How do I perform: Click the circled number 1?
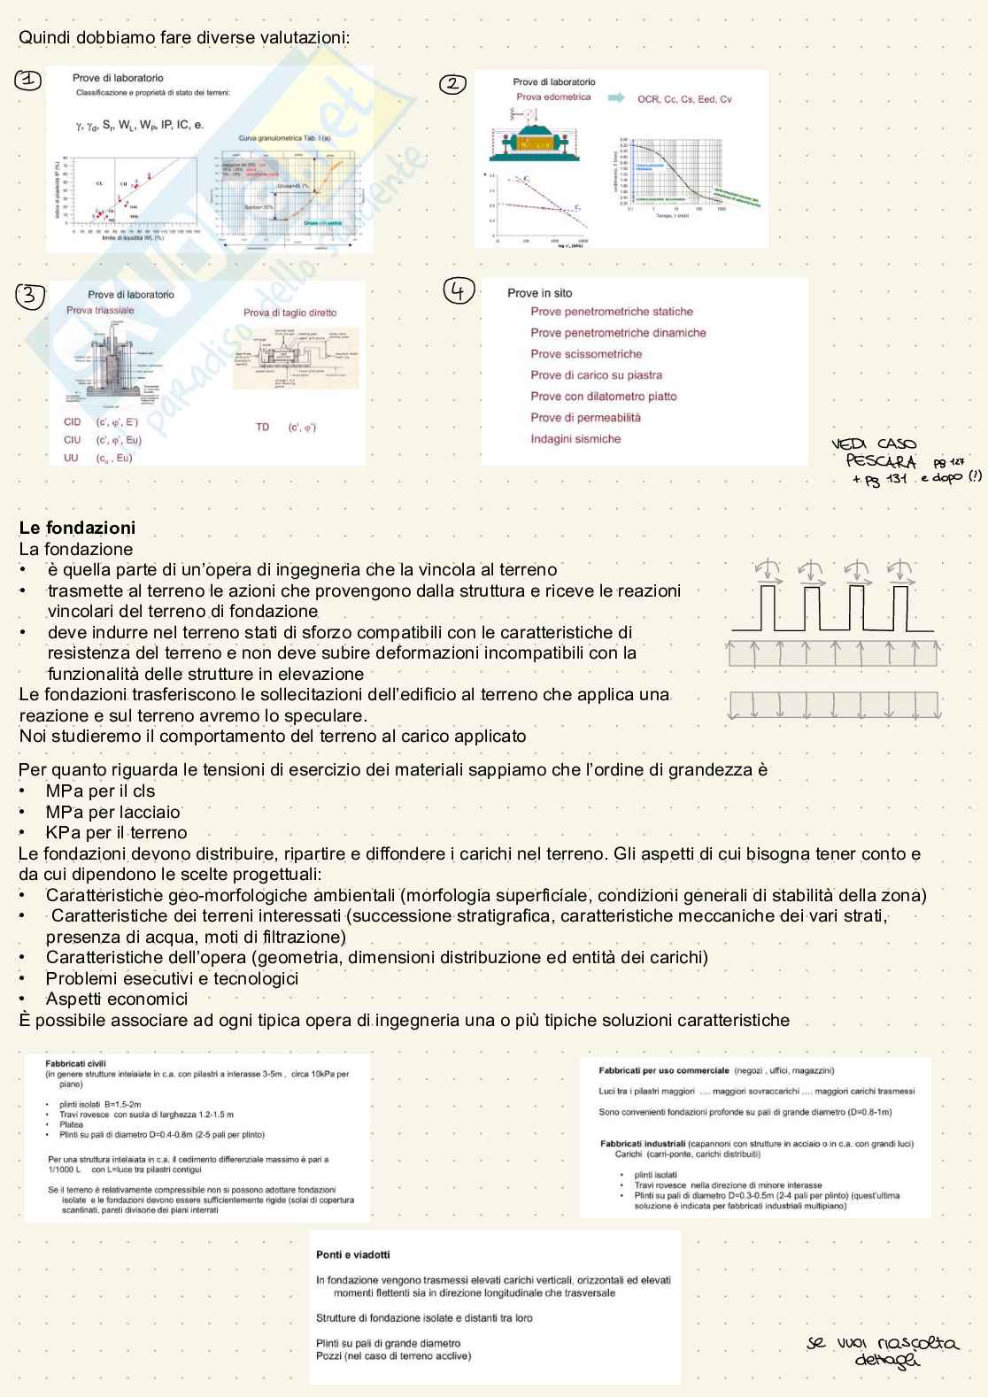[28, 80]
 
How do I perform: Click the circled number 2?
[452, 84]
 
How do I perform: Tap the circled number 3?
[30, 295]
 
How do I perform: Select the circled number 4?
[459, 290]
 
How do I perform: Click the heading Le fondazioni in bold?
[77, 528]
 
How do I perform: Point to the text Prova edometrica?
[553, 97]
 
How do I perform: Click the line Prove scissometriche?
[586, 354]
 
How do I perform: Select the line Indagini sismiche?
[575, 439]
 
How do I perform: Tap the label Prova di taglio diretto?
[289, 313]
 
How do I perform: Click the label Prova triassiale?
[100, 310]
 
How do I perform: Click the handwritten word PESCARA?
[880, 461]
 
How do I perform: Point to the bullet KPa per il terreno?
[116, 832]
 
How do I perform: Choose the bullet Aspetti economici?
[117, 999]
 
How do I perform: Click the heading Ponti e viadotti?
[352, 1254]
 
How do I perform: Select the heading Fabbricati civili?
[75, 1063]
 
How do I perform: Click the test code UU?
[71, 458]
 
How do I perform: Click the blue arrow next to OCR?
[616, 97]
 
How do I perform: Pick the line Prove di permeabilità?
[585, 418]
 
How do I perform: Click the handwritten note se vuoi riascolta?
[882, 1344]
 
